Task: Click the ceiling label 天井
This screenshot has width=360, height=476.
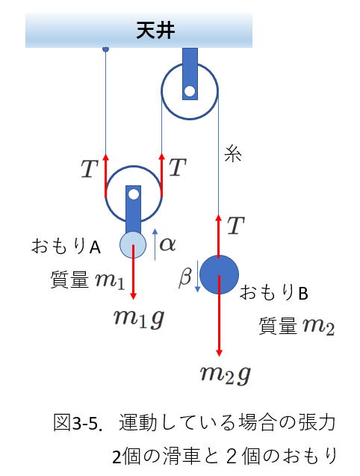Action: click(x=155, y=31)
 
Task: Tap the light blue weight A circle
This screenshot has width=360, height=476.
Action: click(x=133, y=244)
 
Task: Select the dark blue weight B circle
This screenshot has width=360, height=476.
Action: click(x=219, y=274)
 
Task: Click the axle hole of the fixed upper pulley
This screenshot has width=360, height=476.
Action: click(x=190, y=90)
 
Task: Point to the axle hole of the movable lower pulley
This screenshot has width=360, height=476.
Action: click(x=133, y=194)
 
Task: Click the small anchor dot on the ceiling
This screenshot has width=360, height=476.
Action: click(x=105, y=49)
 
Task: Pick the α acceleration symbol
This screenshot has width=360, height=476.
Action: click(x=167, y=244)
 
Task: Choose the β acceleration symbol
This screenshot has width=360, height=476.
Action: click(x=185, y=277)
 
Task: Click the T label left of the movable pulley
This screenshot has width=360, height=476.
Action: click(x=89, y=169)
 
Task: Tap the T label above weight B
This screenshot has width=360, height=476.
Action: click(x=236, y=225)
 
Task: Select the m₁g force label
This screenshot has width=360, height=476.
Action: click(x=139, y=318)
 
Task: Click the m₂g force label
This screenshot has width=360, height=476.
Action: click(x=226, y=374)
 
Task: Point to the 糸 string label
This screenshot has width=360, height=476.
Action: click(x=233, y=154)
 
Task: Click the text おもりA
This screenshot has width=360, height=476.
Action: click(x=66, y=246)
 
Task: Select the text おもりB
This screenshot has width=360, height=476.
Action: click(x=274, y=293)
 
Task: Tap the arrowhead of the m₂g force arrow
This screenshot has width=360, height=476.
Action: click(x=219, y=353)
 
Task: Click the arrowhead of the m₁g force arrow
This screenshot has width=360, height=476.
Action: click(x=133, y=296)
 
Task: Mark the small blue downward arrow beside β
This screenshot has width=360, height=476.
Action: click(x=197, y=276)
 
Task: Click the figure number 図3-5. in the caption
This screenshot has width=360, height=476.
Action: click(x=78, y=423)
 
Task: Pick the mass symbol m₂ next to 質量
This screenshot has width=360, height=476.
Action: click(x=319, y=327)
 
